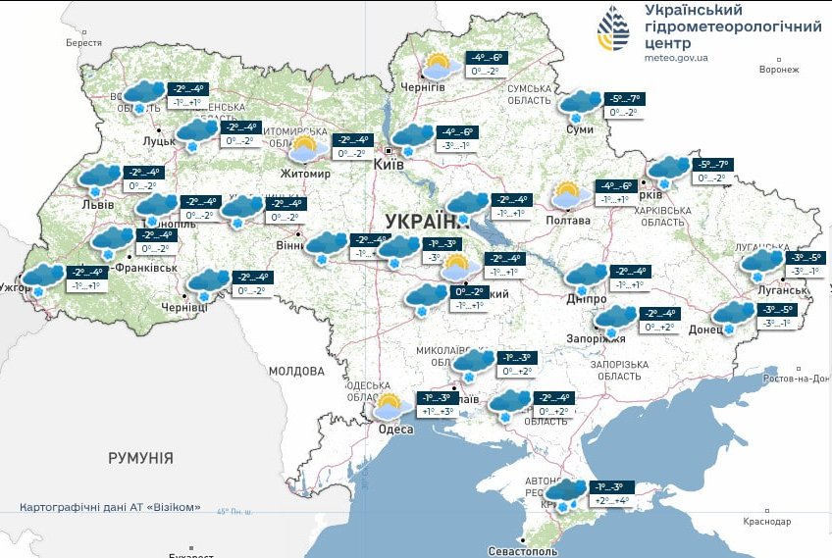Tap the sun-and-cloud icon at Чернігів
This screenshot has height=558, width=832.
coord(437,67)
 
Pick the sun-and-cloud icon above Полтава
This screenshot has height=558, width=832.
coord(567,194)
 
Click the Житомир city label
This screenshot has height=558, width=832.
coord(304,174)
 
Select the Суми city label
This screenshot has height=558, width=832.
coord(580,129)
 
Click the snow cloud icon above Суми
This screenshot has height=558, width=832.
coord(581,103)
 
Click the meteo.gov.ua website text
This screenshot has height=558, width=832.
coord(676,58)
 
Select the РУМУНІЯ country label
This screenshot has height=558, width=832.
coord(140,458)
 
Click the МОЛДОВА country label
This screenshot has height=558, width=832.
coord(296,372)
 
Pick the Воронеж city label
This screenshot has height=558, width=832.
coord(779,70)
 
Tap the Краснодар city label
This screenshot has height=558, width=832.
coord(766,522)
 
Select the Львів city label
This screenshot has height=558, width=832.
coord(98,205)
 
